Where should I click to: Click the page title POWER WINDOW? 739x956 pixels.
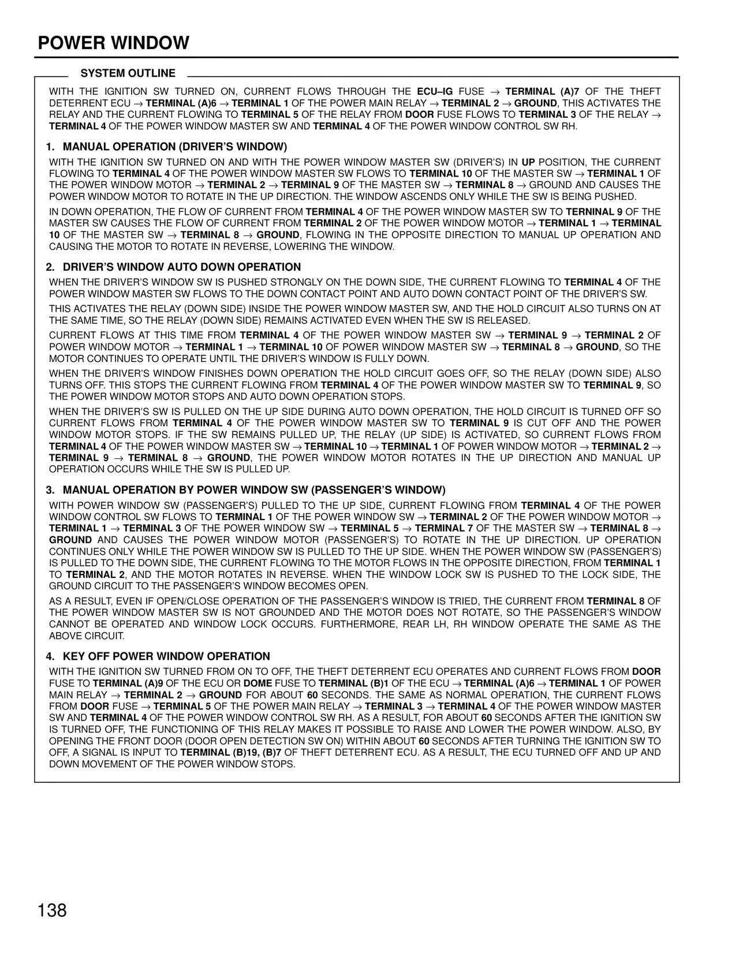114,43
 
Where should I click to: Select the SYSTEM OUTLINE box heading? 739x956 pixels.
128,73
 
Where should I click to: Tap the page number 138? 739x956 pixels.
53,910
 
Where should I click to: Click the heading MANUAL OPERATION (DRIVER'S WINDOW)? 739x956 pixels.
174,147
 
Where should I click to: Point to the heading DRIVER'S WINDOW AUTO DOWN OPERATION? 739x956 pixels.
182,267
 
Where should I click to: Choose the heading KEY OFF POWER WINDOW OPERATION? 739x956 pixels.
166,656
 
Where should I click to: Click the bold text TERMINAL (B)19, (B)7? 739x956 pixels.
231,753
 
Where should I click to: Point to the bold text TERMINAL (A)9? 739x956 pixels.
128,684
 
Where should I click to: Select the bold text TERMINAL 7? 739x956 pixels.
444,528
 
